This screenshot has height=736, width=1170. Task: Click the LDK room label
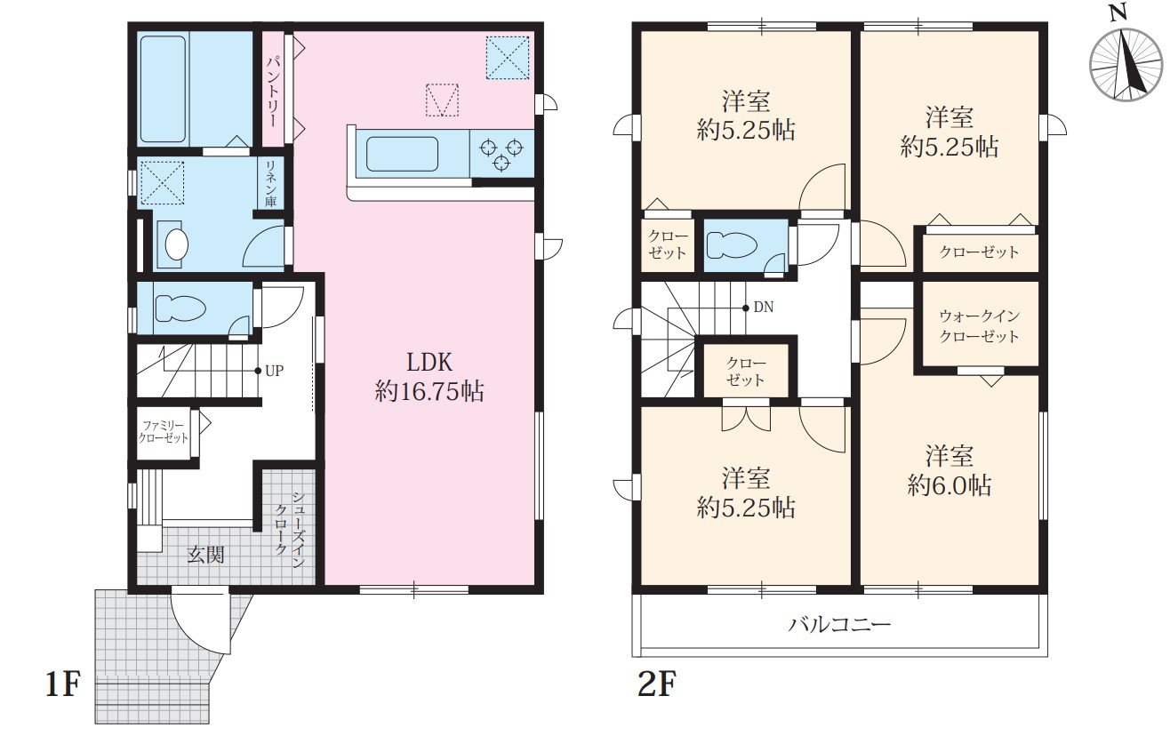(429, 376)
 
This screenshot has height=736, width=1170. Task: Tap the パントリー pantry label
(273, 92)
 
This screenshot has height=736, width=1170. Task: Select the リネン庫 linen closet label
(270, 183)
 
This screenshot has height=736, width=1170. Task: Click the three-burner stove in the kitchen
(501, 154)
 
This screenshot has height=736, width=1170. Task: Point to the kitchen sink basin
(402, 154)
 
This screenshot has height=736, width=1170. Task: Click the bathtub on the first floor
(163, 89)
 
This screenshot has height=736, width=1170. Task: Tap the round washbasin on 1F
(176, 244)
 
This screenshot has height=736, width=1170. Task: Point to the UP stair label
(274, 371)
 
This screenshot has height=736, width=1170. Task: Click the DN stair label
(763, 308)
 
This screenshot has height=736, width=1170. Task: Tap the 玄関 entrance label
(205, 555)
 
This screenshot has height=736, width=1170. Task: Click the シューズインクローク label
(289, 529)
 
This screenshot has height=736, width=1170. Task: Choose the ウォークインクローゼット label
(979, 326)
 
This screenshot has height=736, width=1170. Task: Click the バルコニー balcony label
(839, 624)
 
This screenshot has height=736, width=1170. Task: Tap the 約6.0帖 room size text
(949, 486)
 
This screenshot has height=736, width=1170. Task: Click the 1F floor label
(62, 684)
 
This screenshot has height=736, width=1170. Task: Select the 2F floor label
(656, 684)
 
